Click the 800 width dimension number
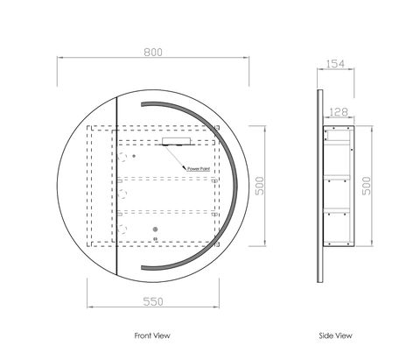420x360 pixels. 153,53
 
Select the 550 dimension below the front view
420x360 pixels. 153,301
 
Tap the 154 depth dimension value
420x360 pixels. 335,64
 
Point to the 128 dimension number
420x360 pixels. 339,112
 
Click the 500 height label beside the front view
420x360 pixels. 259,186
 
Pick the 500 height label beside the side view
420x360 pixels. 367,186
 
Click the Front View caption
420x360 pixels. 152,335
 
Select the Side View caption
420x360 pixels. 335,335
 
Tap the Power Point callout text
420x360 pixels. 199,169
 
